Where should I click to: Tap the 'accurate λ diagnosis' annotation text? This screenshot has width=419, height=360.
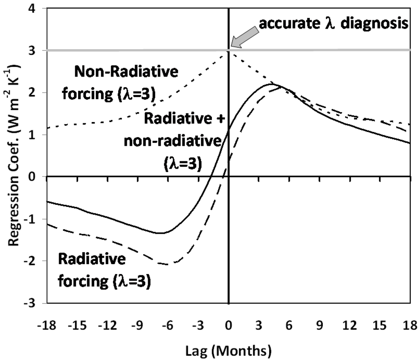tap(333, 24)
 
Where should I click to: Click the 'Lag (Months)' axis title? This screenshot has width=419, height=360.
tap(228, 350)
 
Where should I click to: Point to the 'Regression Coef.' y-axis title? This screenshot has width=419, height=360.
tap(16, 156)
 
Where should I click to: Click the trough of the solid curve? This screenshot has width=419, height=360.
tap(161, 233)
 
